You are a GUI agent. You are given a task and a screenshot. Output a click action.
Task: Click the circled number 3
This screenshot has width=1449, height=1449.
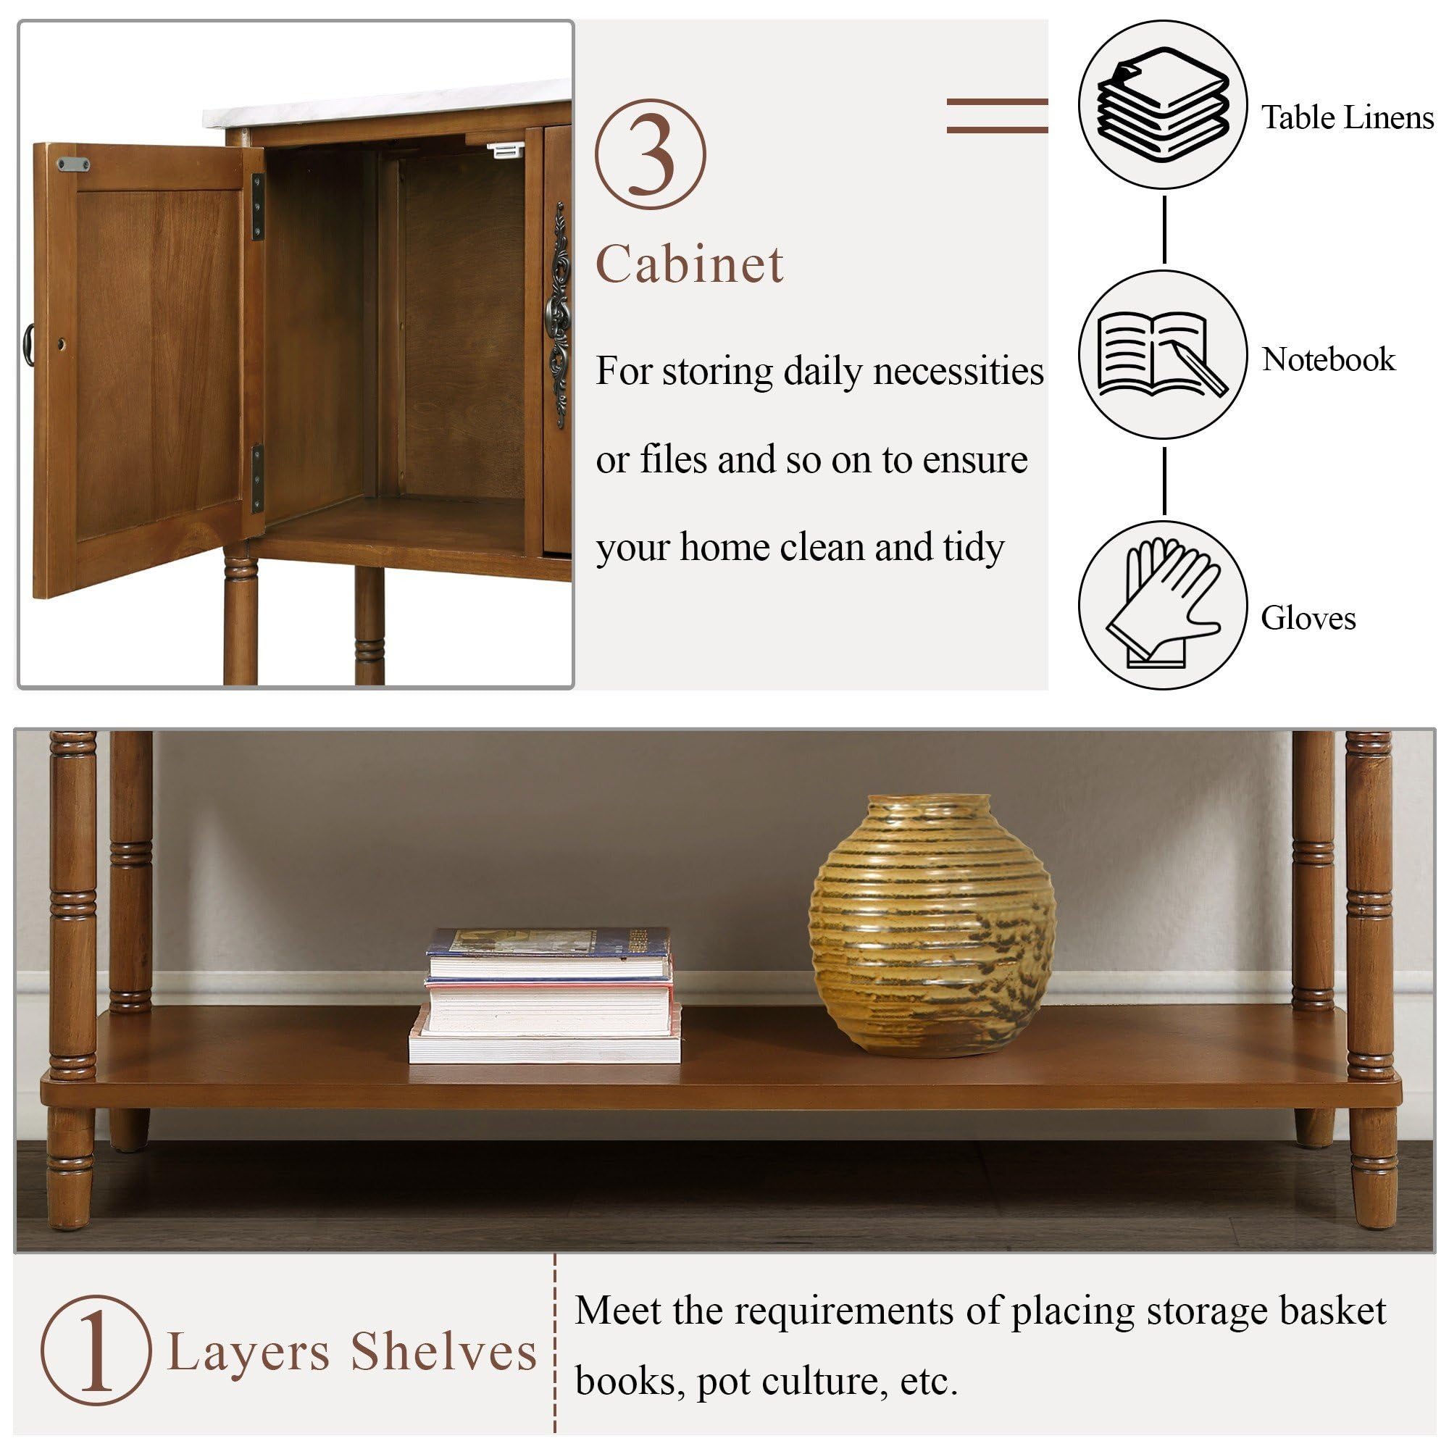pos(651,154)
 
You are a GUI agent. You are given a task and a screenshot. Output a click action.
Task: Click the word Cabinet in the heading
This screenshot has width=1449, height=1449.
pos(689,264)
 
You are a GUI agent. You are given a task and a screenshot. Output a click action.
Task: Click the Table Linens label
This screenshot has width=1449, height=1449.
pos(1347,118)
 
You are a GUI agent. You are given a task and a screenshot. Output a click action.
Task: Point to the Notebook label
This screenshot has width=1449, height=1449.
pos(1327,359)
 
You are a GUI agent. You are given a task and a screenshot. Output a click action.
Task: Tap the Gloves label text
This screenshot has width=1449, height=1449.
pos(1308,618)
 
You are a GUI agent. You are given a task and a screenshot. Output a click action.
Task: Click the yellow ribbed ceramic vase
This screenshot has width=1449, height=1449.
pos(932,926)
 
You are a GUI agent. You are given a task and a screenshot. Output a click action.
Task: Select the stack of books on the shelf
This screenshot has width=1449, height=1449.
pos(546,995)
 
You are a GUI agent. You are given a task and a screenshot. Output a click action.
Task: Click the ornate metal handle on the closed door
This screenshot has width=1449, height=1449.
pos(559,315)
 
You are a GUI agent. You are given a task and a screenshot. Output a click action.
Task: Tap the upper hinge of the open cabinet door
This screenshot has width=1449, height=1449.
pos(258,206)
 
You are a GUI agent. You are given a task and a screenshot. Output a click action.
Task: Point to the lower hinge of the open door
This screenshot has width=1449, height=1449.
pos(257,478)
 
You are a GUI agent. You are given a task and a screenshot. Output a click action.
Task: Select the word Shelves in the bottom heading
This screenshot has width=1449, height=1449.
pos(444,1352)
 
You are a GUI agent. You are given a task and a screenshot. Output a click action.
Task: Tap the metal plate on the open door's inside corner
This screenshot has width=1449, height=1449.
pos(73,164)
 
